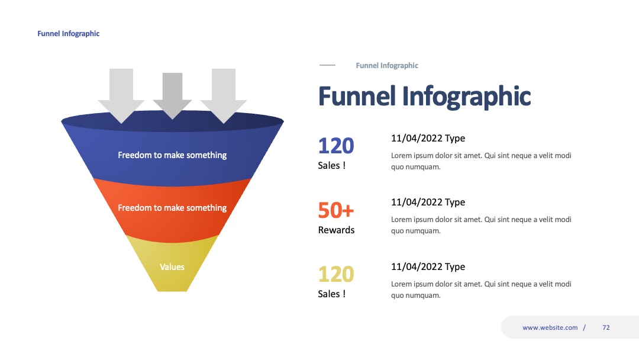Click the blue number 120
[x=336, y=146]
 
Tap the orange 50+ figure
[x=336, y=210]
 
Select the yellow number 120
[x=336, y=274]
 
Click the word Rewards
[x=336, y=230]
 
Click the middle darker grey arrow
[x=172, y=95]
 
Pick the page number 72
[x=606, y=327]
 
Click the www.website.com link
[x=550, y=327]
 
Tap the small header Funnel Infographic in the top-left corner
[x=69, y=33]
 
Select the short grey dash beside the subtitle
[x=327, y=65]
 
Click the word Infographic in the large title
[x=467, y=97]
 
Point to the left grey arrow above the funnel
[x=121, y=95]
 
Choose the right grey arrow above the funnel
[x=223, y=95]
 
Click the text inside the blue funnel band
[x=172, y=155]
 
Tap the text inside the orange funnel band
[x=172, y=207]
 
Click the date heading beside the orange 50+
[x=428, y=202]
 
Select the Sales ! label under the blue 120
[x=332, y=166]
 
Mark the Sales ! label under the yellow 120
[x=332, y=294]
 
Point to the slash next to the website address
[x=585, y=327]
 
